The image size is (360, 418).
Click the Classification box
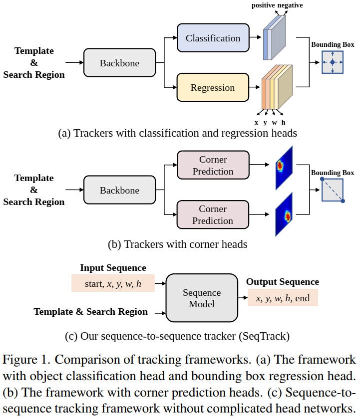click(213, 38)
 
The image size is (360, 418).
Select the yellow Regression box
click(212, 88)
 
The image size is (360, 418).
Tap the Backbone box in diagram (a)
click(119, 63)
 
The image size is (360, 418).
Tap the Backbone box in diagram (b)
click(119, 190)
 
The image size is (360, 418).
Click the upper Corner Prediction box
click(213, 166)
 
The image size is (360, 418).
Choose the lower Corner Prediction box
click(213, 215)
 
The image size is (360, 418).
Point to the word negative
click(290, 5)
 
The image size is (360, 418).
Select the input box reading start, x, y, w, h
click(113, 284)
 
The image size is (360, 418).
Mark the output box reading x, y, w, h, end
click(283, 298)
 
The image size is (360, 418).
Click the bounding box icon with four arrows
click(332, 62)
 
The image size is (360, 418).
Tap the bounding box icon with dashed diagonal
click(332, 190)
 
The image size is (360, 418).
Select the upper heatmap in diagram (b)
click(283, 167)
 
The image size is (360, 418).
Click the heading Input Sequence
click(113, 268)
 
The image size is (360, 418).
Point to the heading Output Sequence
click(283, 282)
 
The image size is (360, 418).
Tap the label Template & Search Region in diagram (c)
click(91, 312)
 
